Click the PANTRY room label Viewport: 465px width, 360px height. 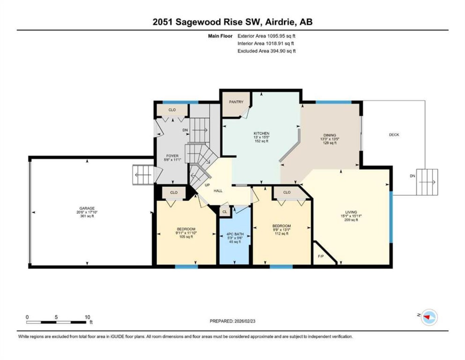tap(236, 102)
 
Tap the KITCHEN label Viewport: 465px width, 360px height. tap(261, 133)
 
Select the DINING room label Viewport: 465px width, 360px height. tap(329, 135)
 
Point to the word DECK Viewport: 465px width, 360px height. tap(394, 135)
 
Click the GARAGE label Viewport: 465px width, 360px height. tap(87, 208)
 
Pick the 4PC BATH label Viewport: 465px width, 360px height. tap(235, 234)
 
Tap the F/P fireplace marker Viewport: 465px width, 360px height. tap(320, 256)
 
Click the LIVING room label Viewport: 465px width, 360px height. tap(351, 212)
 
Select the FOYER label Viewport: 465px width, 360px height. tap(172, 156)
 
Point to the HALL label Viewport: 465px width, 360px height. tap(218, 191)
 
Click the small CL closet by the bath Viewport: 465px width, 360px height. tap(225, 212)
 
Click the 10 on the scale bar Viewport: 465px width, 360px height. tap(87, 317)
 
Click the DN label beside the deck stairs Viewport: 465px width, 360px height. tap(412, 176)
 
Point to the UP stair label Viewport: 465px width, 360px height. tap(207, 185)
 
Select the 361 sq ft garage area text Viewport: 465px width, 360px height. tap(87, 216)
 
